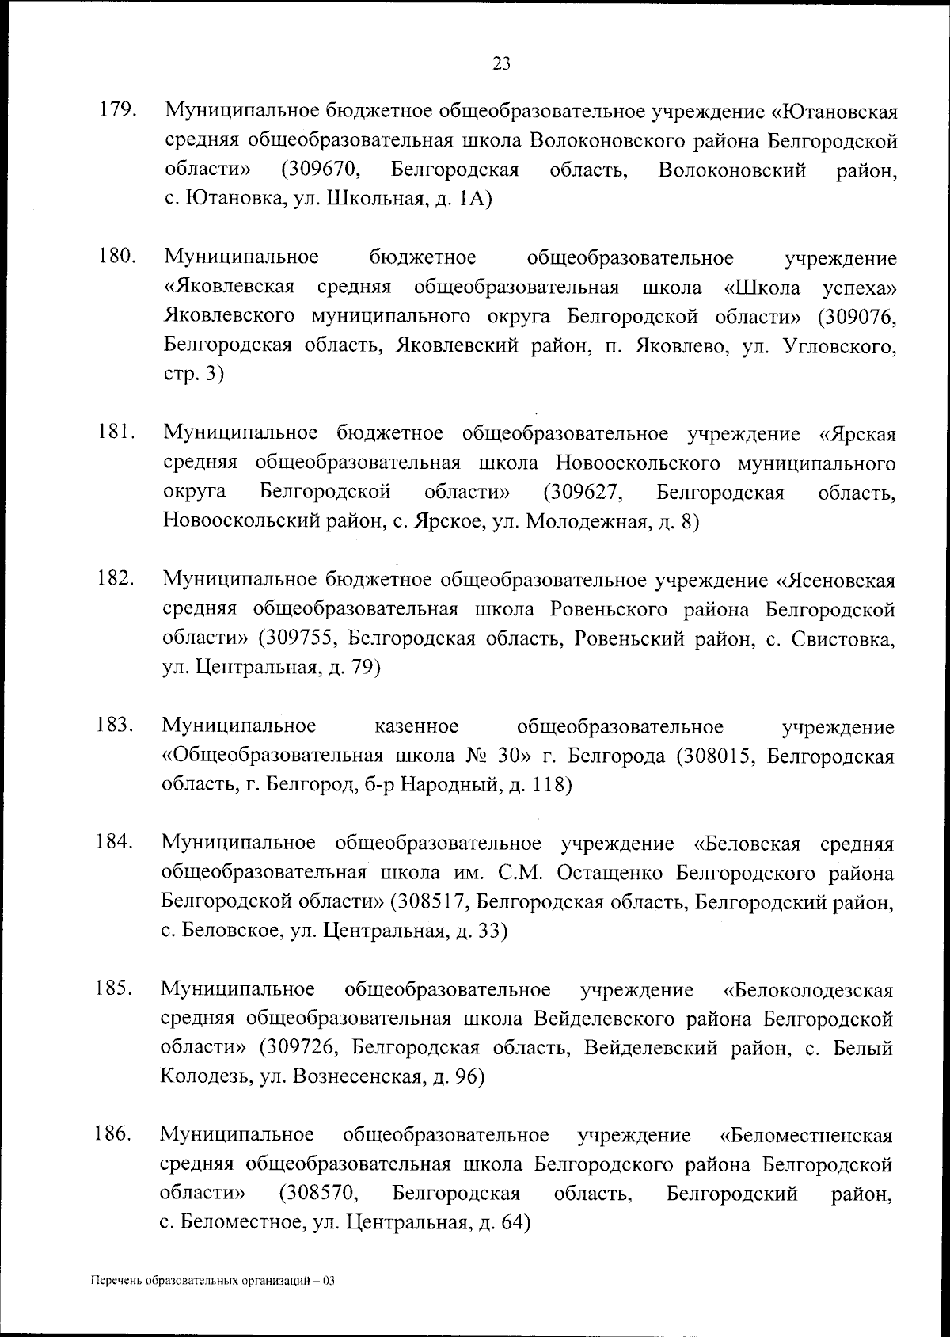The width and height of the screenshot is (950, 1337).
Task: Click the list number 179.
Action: click(x=116, y=111)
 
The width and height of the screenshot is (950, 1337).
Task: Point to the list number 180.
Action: click(x=116, y=257)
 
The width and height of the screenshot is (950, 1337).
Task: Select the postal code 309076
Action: click(x=858, y=317)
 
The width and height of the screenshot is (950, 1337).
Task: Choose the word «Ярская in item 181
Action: click(x=857, y=434)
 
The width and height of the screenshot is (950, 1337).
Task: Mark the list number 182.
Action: click(x=115, y=580)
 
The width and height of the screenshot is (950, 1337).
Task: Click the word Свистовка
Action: click(x=842, y=639)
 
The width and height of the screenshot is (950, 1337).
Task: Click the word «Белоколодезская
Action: click(x=808, y=990)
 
